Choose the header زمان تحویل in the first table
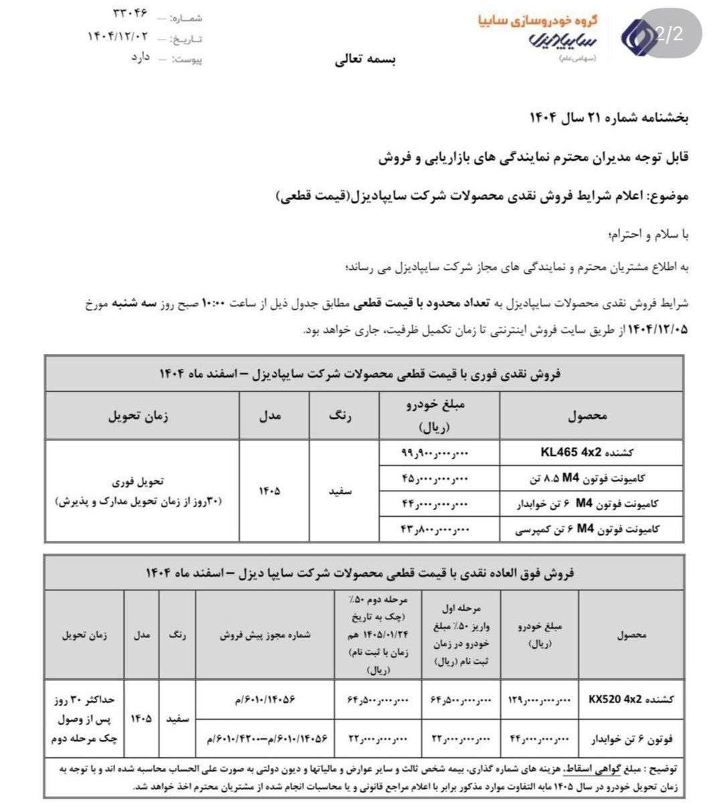139,415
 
